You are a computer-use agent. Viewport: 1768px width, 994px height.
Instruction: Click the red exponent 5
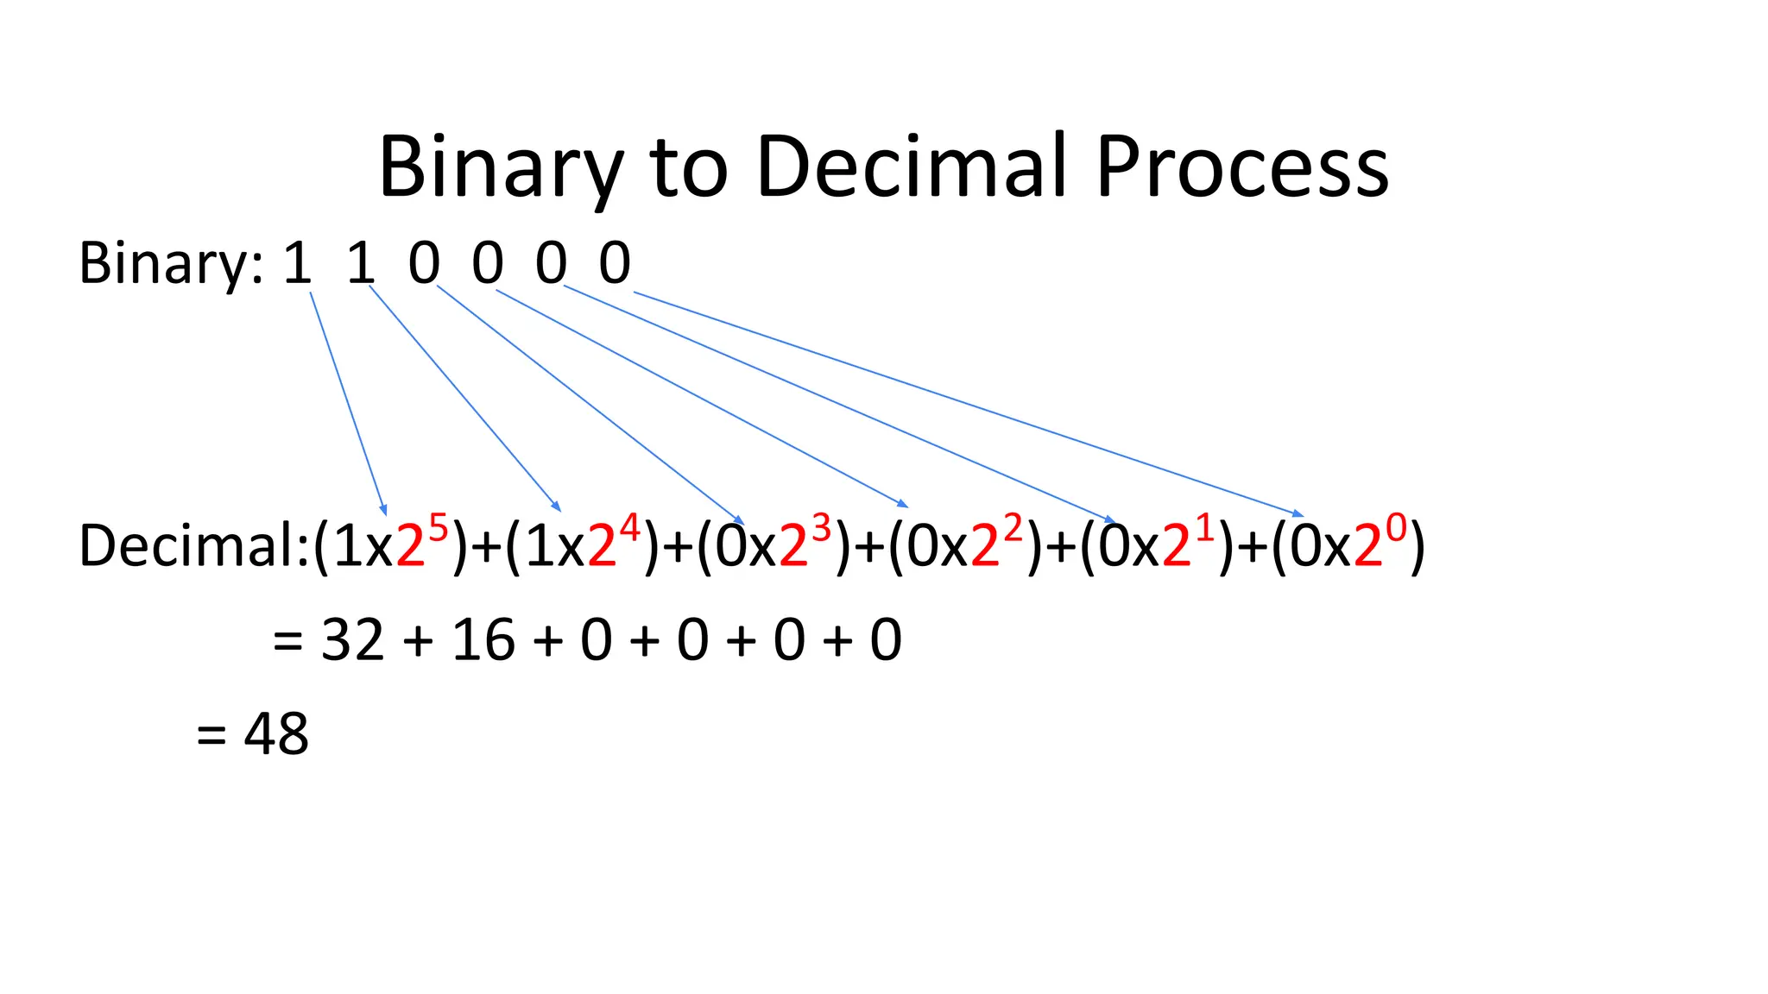[439, 527]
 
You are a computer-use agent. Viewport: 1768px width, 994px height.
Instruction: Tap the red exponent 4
[630, 527]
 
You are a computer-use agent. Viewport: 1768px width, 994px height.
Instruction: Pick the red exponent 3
[821, 527]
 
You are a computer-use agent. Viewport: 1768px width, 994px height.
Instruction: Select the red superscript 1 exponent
[1204, 527]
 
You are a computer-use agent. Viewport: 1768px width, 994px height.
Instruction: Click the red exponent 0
[1396, 527]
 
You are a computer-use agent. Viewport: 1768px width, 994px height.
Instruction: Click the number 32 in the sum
[352, 641]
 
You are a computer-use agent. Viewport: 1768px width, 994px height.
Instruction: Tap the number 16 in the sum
[483, 641]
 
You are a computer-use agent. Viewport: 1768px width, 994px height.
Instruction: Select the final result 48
[276, 735]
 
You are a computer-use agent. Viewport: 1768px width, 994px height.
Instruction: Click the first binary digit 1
[298, 263]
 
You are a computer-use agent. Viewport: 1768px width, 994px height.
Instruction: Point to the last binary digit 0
[615, 263]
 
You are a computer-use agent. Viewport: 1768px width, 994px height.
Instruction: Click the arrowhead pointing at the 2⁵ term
[383, 510]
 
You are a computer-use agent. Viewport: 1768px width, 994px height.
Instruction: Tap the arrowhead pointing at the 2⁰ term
[1298, 514]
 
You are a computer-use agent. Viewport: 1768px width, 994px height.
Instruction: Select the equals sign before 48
[212, 736]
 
